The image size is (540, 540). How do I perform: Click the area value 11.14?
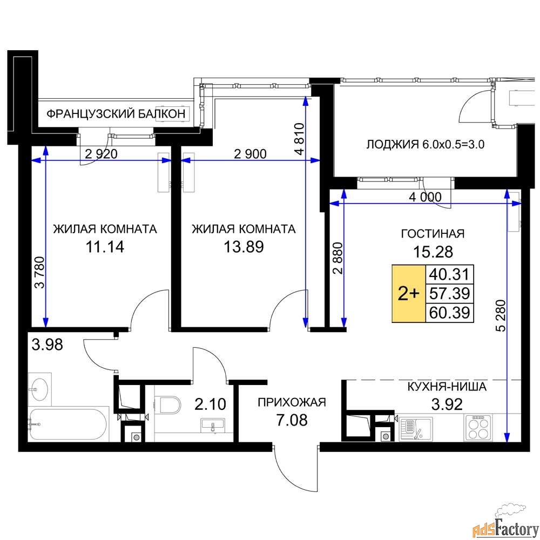(x=105, y=247)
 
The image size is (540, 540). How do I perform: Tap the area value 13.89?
(x=244, y=247)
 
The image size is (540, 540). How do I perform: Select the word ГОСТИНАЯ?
(x=433, y=234)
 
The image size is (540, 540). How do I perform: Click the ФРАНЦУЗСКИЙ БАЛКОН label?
(x=116, y=113)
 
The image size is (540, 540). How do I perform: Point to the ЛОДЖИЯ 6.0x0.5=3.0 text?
(x=426, y=144)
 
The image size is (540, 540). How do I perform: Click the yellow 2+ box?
(x=409, y=293)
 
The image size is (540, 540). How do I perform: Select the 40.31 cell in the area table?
(x=449, y=274)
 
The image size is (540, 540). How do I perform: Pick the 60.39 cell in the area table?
(x=449, y=313)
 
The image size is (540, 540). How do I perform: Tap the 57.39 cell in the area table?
(x=449, y=293)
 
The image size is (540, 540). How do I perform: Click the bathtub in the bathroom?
(x=68, y=424)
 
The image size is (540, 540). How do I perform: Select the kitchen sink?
(x=416, y=429)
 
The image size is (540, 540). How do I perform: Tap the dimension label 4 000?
(x=425, y=197)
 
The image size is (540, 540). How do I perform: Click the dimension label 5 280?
(x=502, y=316)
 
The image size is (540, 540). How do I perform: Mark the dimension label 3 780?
(x=40, y=272)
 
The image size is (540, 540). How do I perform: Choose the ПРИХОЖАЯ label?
(x=292, y=402)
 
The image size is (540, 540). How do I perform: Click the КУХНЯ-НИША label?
(x=447, y=387)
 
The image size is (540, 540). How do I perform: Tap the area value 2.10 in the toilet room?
(x=211, y=404)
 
